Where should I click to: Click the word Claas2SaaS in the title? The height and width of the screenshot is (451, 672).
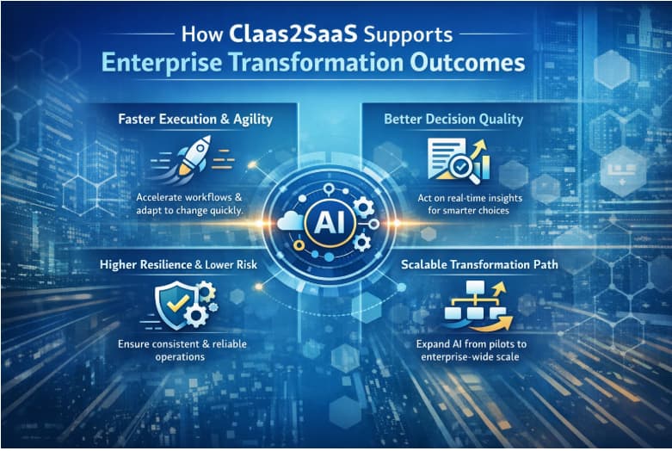point(293,34)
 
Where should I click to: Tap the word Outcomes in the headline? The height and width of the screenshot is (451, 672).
point(467,63)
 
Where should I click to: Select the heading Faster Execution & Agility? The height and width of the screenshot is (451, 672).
point(195,119)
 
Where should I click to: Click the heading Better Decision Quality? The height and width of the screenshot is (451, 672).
point(453,119)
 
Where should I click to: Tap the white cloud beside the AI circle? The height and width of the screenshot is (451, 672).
point(291,221)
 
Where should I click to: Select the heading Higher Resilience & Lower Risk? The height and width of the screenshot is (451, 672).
point(178,264)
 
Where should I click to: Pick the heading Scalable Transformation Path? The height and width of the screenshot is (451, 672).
point(479,264)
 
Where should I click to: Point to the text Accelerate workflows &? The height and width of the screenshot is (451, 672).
point(189,197)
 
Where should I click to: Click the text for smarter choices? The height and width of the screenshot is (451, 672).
point(468,211)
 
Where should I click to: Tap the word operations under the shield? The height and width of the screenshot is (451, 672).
point(180,357)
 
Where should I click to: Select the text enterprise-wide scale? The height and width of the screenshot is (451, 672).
point(470,357)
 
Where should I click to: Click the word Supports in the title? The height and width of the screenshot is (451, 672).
point(408,35)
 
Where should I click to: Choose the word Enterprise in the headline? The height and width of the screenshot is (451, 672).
point(162,63)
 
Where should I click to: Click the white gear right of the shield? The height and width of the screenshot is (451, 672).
point(196,316)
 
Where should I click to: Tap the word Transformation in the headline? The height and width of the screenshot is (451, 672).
point(317,63)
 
